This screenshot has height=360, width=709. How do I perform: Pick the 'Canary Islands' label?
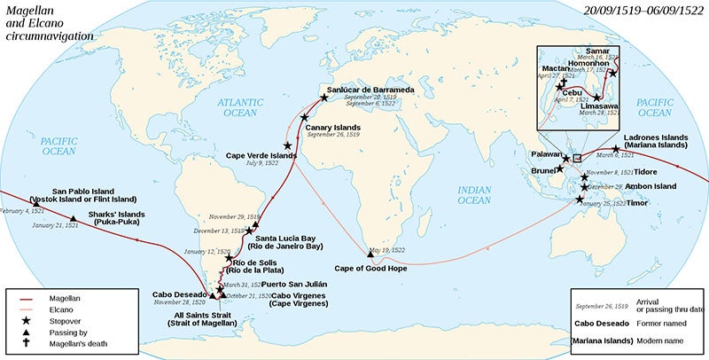[335, 127]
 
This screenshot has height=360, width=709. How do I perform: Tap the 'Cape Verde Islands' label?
[260, 153]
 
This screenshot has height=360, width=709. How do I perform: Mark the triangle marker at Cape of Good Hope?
[370, 254]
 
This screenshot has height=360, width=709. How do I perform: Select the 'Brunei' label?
[543, 169]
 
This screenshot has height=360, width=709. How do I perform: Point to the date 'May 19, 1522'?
[389, 251]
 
